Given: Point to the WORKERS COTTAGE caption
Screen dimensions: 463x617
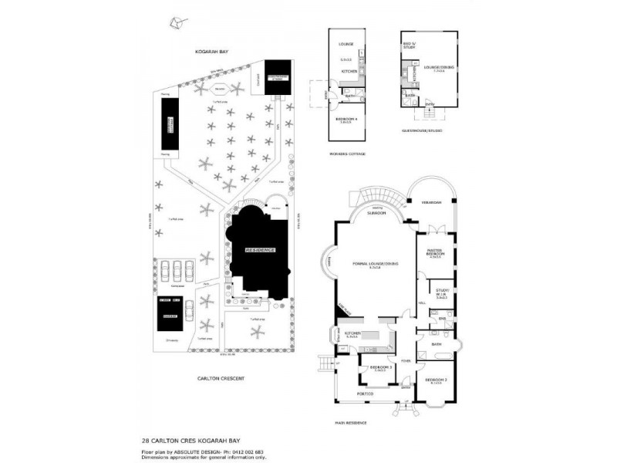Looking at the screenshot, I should tap(349, 154).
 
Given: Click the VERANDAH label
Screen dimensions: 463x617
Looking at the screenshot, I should tap(432, 202).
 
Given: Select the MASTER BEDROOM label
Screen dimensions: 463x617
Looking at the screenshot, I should tap(436, 253).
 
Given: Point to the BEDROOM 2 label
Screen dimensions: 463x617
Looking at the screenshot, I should tap(436, 381).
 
